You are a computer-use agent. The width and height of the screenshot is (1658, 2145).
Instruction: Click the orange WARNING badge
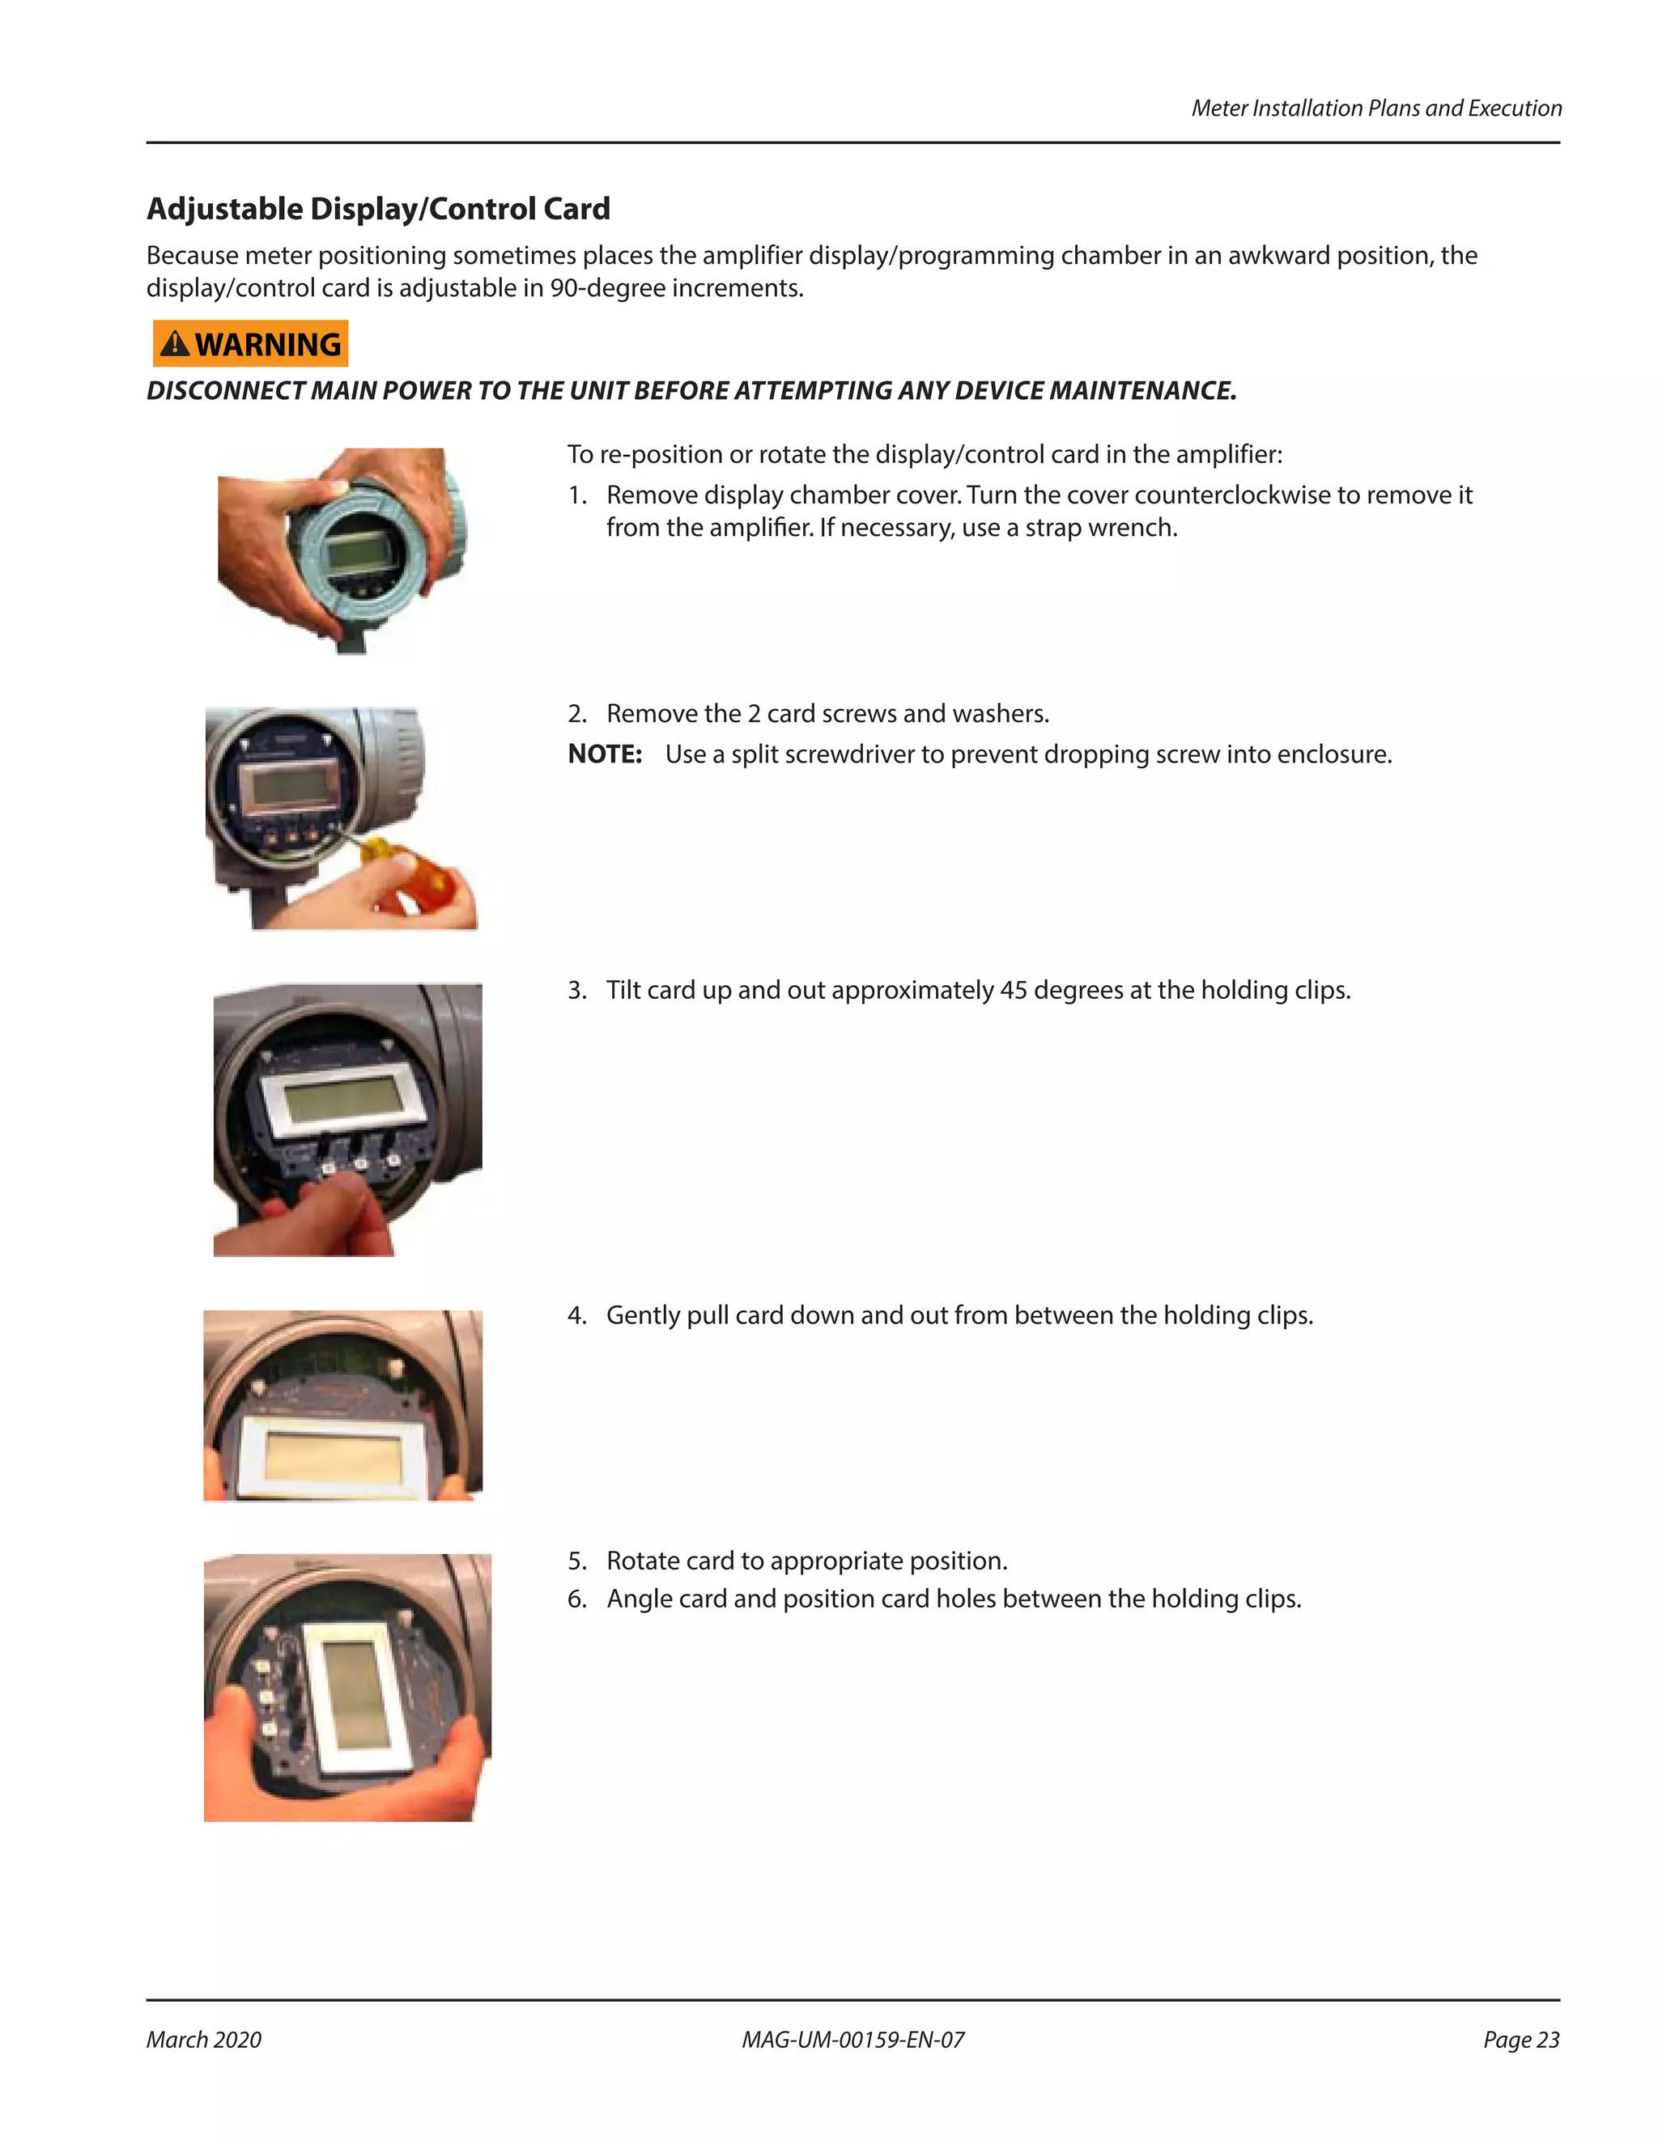point(250,344)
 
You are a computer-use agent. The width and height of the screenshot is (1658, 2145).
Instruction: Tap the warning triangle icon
point(175,344)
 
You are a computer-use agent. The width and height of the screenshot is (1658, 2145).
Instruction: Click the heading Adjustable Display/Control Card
point(378,208)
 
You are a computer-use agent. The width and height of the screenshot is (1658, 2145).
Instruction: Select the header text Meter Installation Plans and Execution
point(1375,108)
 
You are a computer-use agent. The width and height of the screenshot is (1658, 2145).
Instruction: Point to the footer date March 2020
point(204,2040)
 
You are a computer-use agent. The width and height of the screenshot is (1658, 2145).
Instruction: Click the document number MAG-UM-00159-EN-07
point(852,2040)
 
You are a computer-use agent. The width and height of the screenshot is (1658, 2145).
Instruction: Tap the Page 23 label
point(1520,2040)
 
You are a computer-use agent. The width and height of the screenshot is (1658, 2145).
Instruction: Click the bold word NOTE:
point(605,754)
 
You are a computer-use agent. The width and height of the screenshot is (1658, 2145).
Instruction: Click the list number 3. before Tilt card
point(576,990)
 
